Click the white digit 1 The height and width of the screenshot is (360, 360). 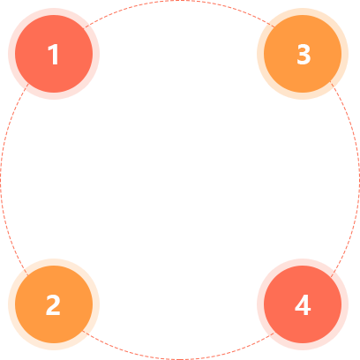point(54,54)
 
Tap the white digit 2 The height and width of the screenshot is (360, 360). point(53,305)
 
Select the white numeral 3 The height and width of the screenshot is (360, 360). point(304,54)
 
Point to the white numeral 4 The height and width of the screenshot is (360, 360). point(303,305)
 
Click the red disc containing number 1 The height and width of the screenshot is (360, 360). point(54,54)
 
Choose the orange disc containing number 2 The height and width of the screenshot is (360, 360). point(54,304)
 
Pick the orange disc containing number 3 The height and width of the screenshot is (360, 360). point(303,54)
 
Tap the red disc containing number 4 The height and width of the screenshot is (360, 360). point(303,304)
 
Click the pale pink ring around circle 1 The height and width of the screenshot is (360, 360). point(11,54)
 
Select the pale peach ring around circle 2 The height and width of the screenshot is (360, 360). point(11,304)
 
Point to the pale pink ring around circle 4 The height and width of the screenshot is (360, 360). point(260,304)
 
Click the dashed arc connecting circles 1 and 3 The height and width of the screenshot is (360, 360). point(180,1)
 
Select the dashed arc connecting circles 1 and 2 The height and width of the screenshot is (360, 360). point(1,180)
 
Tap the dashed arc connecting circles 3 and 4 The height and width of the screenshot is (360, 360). point(359,180)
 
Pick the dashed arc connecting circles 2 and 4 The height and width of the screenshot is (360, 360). point(180,359)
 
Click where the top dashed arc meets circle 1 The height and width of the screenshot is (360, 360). point(86,27)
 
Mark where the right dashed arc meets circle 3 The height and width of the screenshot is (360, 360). point(330,81)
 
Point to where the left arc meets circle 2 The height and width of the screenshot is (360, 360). point(28,275)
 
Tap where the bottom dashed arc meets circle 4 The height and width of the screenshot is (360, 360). point(274,334)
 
